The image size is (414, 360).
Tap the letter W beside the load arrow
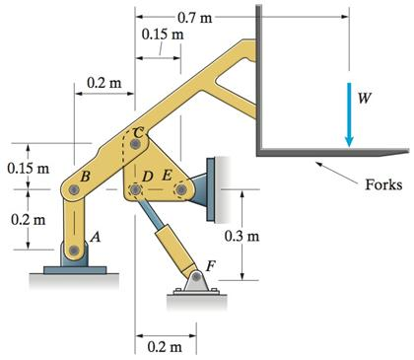point(366,100)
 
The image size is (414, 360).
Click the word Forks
point(381,184)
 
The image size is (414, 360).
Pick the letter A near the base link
point(95,237)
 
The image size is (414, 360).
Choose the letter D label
point(148,175)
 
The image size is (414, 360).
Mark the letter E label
point(166,175)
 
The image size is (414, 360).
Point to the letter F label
point(208,264)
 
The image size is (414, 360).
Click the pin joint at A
point(72,251)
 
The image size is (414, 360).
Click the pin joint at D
point(135,188)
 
